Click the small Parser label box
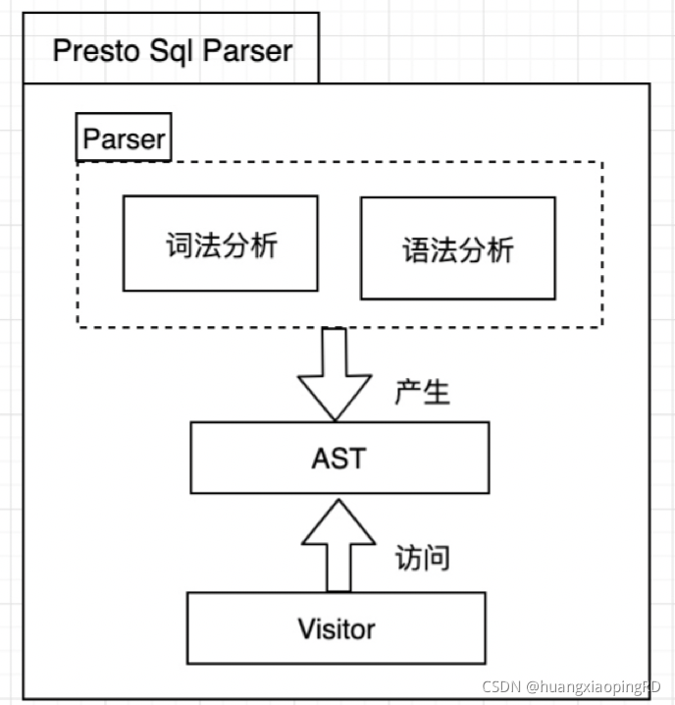pos(124,139)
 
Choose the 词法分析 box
pos(220,243)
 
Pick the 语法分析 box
pos(457,248)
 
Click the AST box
pos(339,458)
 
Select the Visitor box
pos(336,627)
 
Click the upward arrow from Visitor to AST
pos(337,544)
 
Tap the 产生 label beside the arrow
pos(422,392)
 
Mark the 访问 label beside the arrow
pos(422,558)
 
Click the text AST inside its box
pos(339,458)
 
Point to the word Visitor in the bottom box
pos(336,627)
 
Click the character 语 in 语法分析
pos(416,249)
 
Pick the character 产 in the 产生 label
pos(408,392)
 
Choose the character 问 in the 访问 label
pos(437,558)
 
